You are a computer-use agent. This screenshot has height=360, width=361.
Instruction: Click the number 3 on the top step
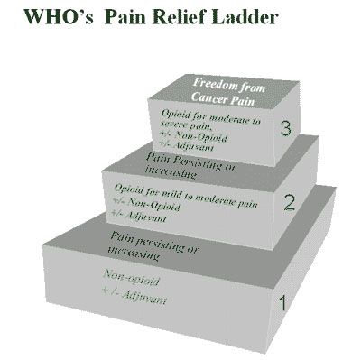(286, 129)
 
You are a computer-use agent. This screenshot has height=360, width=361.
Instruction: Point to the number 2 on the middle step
(289, 202)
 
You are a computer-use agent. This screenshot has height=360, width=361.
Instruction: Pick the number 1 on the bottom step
(282, 304)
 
